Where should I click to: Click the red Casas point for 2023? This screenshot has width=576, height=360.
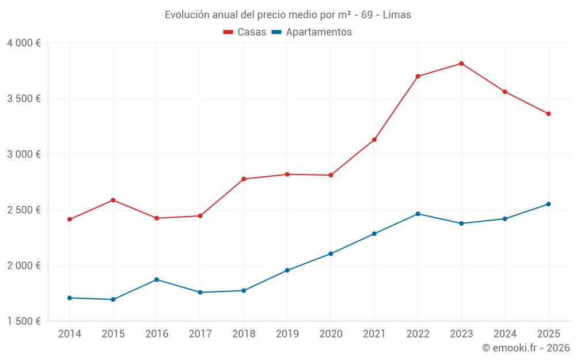pos(461,63)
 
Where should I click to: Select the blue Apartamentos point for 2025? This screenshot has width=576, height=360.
pos(548,204)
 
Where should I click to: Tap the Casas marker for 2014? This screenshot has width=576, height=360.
pos(70,219)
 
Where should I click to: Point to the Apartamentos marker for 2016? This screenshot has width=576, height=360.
pos(157,280)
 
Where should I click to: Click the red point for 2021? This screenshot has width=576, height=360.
pos(374,139)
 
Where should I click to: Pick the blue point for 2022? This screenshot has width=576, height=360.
pos(418,214)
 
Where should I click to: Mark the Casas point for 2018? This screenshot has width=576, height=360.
pos(244,179)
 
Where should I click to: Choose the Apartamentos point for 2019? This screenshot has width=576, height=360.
pos(287,270)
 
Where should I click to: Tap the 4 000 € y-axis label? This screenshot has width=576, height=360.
pos(24,43)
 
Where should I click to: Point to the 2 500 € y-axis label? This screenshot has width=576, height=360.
pos(24,210)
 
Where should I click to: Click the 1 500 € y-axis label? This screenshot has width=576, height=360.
pos(24,321)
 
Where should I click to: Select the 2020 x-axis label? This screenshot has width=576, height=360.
pos(331,334)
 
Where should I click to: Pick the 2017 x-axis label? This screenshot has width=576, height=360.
pos(200,334)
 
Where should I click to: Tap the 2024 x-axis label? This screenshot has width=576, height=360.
pos(505,334)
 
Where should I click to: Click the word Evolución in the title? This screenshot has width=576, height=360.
pos(185,15)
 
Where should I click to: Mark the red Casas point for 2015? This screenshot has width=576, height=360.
pos(113,200)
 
